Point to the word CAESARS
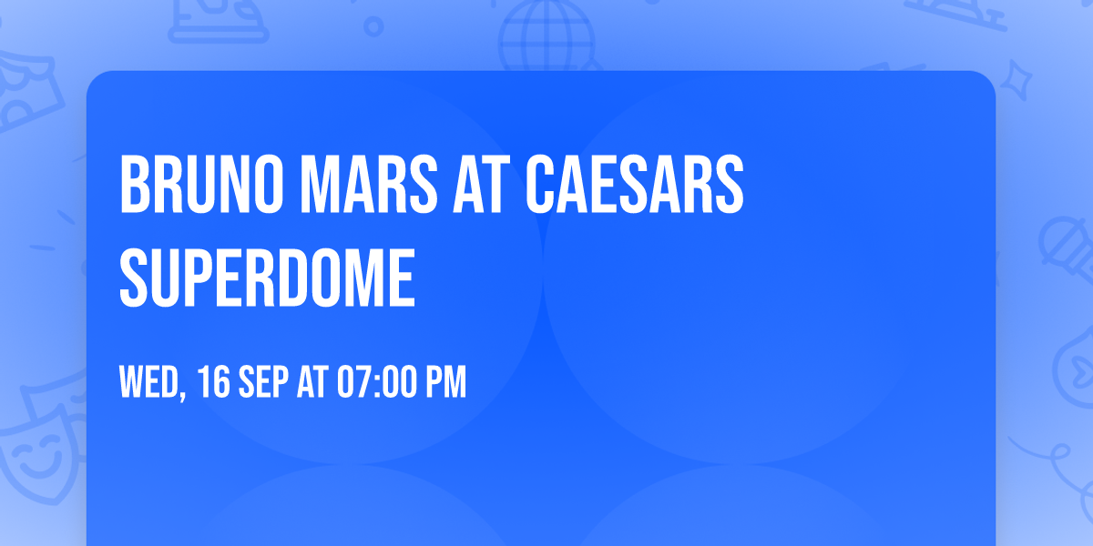(633, 186)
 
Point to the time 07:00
(376, 383)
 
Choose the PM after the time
(446, 383)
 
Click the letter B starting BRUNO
(135, 186)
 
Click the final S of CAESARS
(730, 186)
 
